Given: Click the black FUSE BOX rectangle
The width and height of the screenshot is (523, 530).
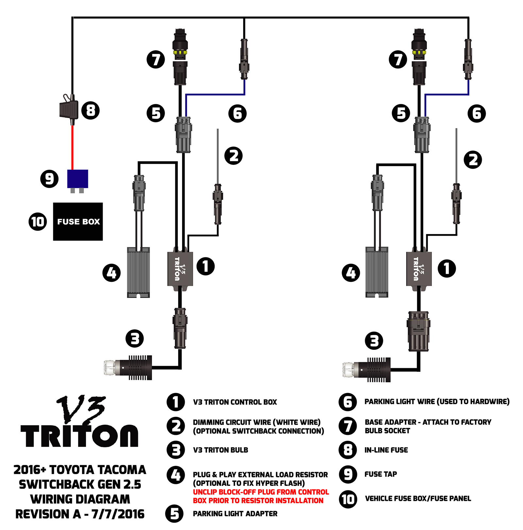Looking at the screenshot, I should click(x=78, y=221).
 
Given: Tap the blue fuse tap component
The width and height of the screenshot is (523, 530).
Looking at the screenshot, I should click(x=77, y=179).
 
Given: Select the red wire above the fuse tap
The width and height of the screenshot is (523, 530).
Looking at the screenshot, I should click(x=73, y=147).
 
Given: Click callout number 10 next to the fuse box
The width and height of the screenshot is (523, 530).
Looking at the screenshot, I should click(x=38, y=222).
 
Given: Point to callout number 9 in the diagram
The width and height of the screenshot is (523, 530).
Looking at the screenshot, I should click(x=49, y=179).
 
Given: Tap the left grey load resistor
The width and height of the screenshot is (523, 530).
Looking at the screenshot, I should click(x=138, y=272).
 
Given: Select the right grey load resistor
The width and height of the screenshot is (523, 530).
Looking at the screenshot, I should click(x=377, y=272).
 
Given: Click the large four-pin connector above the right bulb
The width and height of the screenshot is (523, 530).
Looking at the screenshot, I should click(x=418, y=331).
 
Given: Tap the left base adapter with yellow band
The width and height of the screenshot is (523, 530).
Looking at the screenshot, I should click(x=180, y=52).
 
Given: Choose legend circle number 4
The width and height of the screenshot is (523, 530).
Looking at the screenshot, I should click(x=176, y=475).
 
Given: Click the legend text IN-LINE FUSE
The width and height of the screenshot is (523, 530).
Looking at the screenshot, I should click(x=386, y=450).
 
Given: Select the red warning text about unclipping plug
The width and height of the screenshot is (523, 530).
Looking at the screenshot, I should click(x=261, y=496).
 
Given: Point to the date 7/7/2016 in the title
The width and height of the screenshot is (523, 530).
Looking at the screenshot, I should click(x=118, y=514).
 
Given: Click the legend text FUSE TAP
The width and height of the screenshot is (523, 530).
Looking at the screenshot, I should click(x=380, y=474).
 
